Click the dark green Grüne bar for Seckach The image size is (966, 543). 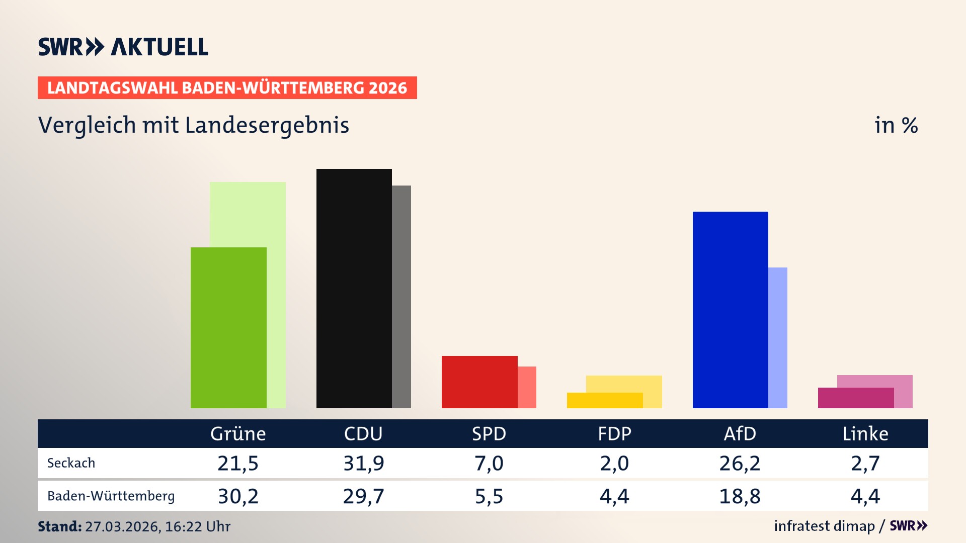[x=228, y=327]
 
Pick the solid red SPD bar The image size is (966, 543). [x=479, y=382]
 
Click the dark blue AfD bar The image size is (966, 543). [x=730, y=310]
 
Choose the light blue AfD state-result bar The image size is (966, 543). [x=778, y=337]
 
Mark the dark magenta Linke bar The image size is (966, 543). [x=856, y=398]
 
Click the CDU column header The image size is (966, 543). [x=363, y=433]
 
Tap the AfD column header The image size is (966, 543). [x=740, y=433]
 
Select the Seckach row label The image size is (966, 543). [x=71, y=463]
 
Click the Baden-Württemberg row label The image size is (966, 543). [x=111, y=496]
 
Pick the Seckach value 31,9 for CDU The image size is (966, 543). [x=363, y=463]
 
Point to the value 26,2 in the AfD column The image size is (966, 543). [x=740, y=463]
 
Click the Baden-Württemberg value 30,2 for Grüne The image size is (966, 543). [x=238, y=496]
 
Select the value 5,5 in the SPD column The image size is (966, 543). [x=489, y=496]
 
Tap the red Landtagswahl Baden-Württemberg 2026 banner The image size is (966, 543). [x=227, y=87]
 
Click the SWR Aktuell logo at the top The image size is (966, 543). [x=123, y=47]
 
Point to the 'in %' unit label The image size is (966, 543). [x=896, y=125]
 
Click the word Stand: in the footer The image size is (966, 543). [x=59, y=526]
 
